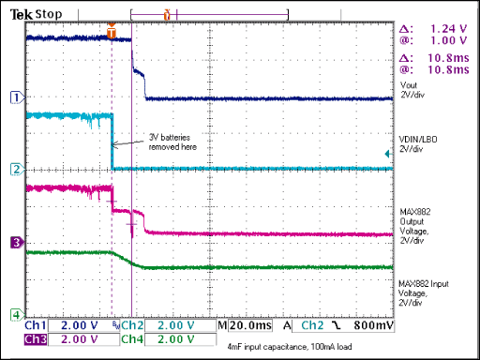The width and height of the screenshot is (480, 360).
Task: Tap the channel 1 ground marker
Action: click(x=14, y=97)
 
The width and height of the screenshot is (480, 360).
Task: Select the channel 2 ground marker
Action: click(x=14, y=169)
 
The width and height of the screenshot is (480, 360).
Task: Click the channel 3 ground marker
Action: click(x=14, y=243)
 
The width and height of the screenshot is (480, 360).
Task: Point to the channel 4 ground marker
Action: click(x=14, y=313)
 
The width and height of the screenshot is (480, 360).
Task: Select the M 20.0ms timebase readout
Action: click(x=247, y=325)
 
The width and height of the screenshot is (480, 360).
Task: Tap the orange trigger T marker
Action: click(x=112, y=32)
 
